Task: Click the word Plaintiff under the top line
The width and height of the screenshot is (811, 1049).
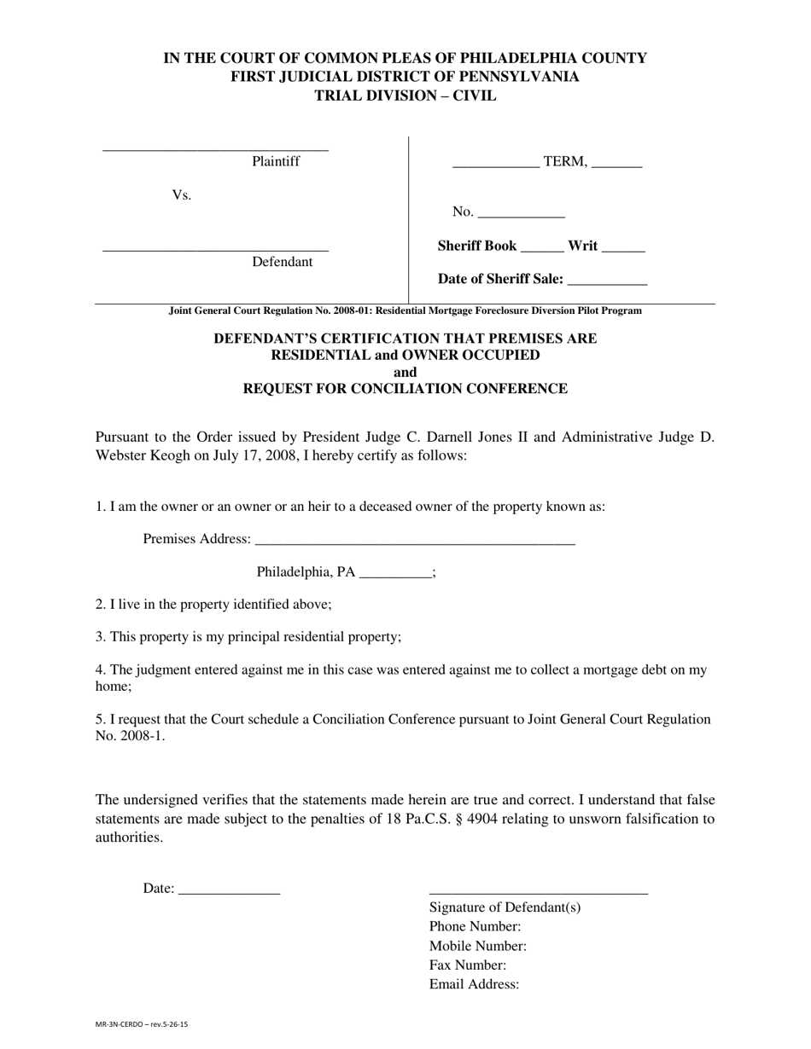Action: (275, 161)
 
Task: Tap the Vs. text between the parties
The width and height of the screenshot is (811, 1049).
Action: (181, 195)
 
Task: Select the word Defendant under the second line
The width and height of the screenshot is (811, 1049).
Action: (282, 262)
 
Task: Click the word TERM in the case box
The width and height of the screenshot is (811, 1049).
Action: (564, 161)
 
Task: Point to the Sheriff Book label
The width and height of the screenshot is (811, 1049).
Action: (476, 246)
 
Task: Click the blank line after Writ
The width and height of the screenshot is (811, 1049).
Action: (623, 249)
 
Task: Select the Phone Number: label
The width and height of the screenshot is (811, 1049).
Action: (475, 926)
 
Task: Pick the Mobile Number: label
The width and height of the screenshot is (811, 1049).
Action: (477, 946)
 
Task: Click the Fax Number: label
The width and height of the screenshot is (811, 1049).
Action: (468, 965)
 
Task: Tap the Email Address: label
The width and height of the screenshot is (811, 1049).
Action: (474, 984)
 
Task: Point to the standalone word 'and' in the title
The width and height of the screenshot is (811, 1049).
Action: (405, 372)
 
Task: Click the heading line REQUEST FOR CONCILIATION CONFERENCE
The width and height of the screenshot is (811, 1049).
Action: (405, 389)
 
